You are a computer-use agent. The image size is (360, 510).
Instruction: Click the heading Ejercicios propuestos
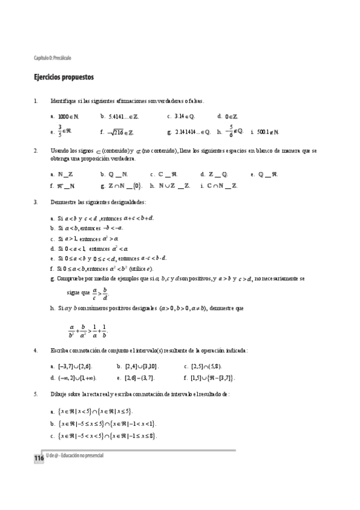pyautogui.click(x=63, y=78)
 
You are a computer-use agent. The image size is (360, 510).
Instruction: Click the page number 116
pyautogui.click(x=39, y=459)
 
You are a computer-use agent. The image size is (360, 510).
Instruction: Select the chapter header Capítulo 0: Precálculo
pyautogui.click(x=53, y=58)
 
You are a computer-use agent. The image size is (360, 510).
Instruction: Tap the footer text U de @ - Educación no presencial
pyautogui.click(x=75, y=456)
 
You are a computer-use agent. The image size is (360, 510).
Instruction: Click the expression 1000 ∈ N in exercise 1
pyautogui.click(x=65, y=116)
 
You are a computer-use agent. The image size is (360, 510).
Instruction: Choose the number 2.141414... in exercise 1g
pyautogui.click(x=186, y=132)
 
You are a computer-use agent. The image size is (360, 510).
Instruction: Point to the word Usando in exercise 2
pyautogui.click(x=60, y=150)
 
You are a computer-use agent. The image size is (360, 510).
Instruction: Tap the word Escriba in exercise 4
pyautogui.click(x=60, y=350)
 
